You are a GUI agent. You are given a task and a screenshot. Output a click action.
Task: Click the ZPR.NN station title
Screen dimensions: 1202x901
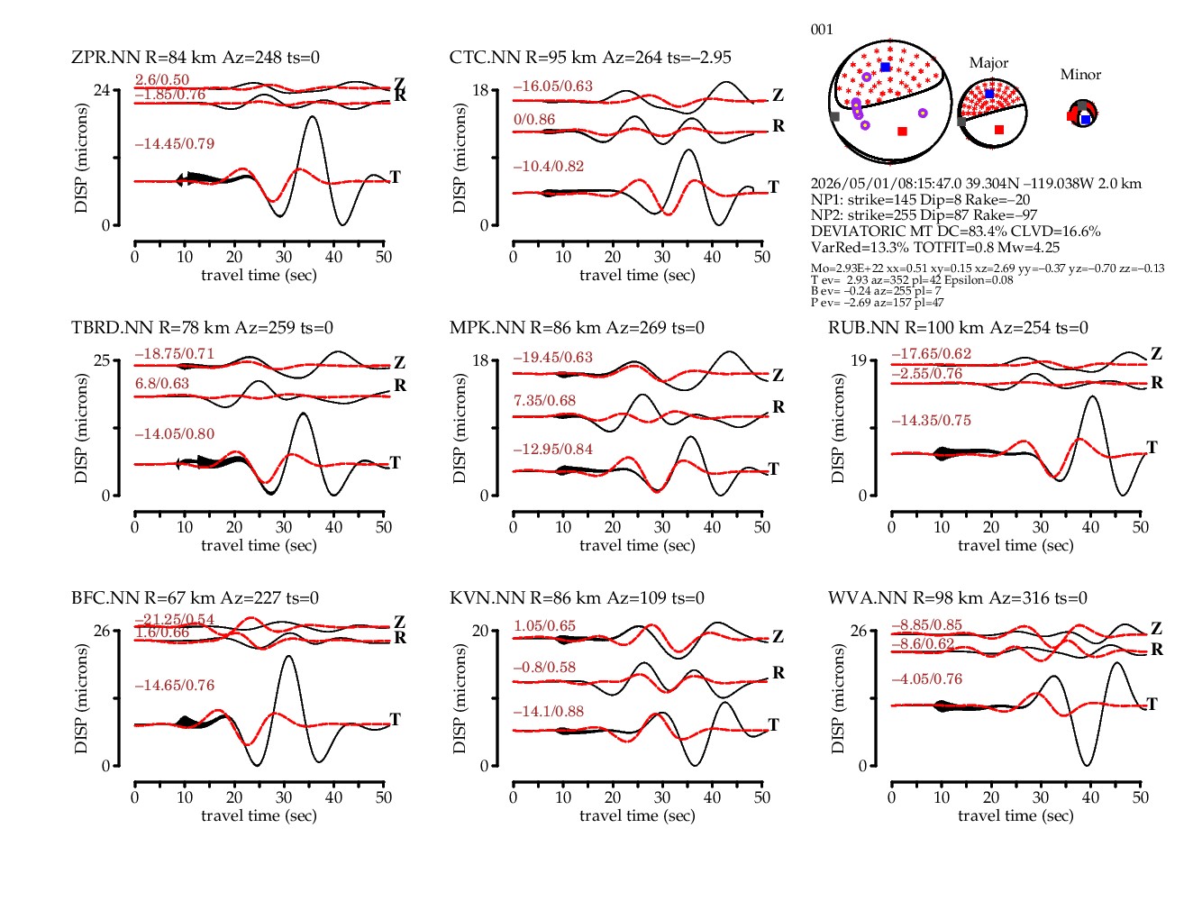pyautogui.click(x=196, y=57)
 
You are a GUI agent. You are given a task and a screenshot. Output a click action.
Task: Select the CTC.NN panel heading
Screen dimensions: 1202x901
pyautogui.click(x=590, y=57)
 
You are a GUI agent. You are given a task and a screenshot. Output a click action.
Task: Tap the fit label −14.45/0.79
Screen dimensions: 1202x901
pyautogui.click(x=175, y=144)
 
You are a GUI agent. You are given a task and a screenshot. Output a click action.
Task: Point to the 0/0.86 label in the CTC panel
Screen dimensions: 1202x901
pyautogui.click(x=534, y=119)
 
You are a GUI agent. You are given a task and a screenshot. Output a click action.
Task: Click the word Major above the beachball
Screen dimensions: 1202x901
pyautogui.click(x=988, y=63)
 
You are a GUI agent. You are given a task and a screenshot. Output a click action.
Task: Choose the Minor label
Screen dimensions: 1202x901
pyautogui.click(x=1080, y=75)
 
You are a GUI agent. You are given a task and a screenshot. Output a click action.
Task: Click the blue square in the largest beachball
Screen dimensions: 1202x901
pyautogui.click(x=886, y=67)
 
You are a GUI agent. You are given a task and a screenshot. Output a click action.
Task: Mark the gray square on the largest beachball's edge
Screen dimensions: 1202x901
pyautogui.click(x=834, y=116)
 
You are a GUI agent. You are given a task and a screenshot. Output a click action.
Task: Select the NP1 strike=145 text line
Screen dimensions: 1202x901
pyautogui.click(x=920, y=199)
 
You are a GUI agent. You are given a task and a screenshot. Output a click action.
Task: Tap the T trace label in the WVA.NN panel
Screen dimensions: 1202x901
pyautogui.click(x=1152, y=704)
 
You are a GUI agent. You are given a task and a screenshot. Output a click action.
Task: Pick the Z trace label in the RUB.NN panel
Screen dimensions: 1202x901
pyautogui.click(x=1156, y=353)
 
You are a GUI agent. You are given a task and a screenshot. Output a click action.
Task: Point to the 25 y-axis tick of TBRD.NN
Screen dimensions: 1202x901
pyautogui.click(x=102, y=360)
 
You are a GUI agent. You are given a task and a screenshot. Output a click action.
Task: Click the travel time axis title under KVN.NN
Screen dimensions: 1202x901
pyautogui.click(x=637, y=815)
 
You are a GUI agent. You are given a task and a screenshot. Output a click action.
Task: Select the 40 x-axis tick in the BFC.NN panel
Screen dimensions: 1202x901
pyautogui.click(x=333, y=797)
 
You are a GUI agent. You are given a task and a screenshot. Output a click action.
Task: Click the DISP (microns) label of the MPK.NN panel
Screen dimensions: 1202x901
pyautogui.click(x=460, y=429)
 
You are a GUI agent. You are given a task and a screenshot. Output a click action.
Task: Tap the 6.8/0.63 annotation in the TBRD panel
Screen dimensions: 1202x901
pyautogui.click(x=162, y=383)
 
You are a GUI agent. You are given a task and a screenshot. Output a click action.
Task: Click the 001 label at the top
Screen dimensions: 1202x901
pyautogui.click(x=822, y=30)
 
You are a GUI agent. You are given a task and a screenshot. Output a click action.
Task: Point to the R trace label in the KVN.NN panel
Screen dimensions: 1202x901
pyautogui.click(x=779, y=673)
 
